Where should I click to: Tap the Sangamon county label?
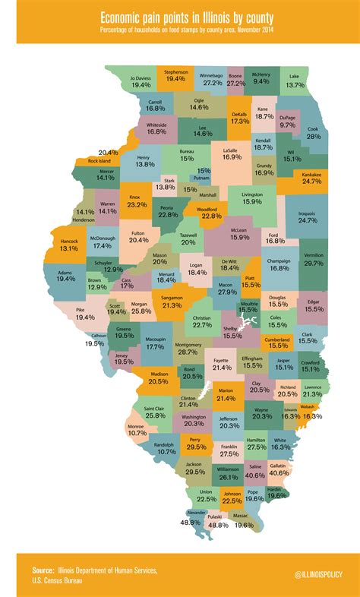[172, 298]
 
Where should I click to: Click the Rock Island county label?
[99, 161]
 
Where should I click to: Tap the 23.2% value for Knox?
[137, 205]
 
